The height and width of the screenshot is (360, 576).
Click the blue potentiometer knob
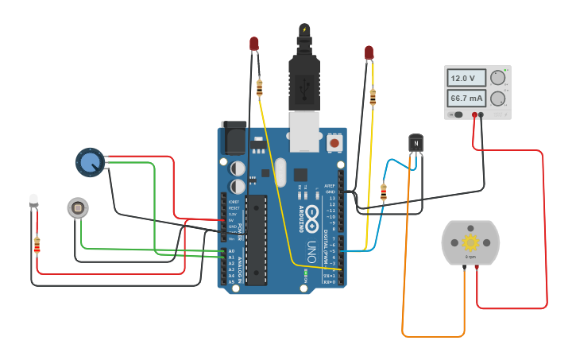pos(89,162)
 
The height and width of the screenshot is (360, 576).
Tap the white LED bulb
pos(33,199)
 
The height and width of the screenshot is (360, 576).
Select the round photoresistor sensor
pos(77,208)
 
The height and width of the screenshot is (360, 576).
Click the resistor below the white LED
pos(37,246)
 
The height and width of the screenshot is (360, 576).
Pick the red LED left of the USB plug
pos(254,43)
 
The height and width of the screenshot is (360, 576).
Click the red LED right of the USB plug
pos(369,53)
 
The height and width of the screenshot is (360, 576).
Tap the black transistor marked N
pos(416,142)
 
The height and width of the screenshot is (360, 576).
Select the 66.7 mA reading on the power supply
pos(466,99)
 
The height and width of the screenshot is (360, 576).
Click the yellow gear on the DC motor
pos(470,242)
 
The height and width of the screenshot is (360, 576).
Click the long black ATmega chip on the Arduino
pos(256,238)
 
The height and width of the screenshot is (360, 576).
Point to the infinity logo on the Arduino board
pos(312,213)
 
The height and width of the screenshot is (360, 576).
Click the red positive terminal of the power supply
pos(474,115)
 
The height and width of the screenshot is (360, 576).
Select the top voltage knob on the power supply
pos(497,78)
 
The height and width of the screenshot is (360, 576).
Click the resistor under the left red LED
pos(260,87)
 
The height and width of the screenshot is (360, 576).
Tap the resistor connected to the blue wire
pos(384,192)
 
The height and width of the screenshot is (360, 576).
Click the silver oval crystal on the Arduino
pos(278,172)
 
